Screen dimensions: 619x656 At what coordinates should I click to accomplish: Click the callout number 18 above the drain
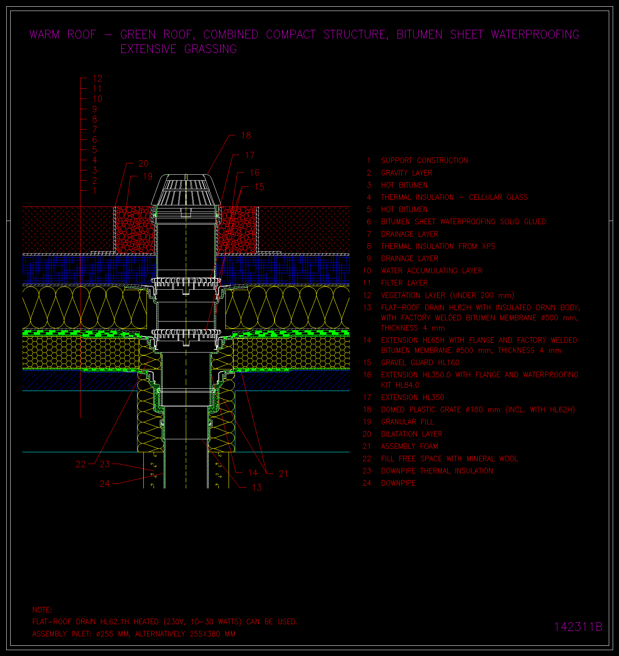(246, 135)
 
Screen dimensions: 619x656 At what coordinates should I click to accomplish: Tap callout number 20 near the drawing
(143, 163)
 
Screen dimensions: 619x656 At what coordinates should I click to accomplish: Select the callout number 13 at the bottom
(256, 488)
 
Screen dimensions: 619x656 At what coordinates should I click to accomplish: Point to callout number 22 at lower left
(81, 464)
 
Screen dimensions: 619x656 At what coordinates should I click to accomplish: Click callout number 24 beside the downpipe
(105, 484)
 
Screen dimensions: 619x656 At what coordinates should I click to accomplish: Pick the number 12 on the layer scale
(97, 79)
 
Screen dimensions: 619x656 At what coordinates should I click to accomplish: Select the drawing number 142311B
(578, 627)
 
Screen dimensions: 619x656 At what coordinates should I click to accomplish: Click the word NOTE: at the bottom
(42, 610)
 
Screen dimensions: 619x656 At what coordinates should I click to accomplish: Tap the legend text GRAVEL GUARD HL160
(420, 362)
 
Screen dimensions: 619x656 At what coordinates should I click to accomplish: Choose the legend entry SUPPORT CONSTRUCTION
(425, 161)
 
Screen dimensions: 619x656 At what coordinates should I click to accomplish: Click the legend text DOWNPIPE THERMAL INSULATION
(437, 471)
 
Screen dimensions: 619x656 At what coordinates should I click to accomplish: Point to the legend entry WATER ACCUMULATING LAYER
(432, 270)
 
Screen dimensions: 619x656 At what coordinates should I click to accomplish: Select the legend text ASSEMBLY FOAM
(410, 446)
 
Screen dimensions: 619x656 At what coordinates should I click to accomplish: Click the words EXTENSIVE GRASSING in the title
(179, 49)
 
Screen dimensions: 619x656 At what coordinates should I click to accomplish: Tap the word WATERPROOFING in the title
(535, 35)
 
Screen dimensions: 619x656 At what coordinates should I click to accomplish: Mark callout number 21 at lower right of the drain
(283, 474)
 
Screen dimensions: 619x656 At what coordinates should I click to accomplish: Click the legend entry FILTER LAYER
(405, 283)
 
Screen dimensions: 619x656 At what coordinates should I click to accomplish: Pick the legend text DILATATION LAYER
(412, 434)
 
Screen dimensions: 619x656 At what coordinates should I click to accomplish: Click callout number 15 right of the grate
(259, 187)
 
